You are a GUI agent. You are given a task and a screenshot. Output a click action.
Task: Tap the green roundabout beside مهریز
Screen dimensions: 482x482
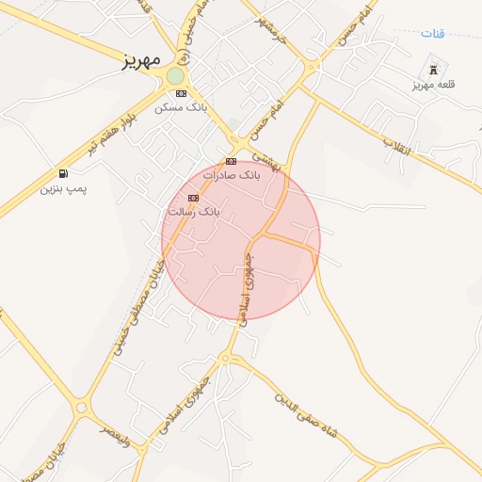pos(176,75)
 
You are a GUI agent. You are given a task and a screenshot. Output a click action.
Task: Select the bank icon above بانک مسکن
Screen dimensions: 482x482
pos(181,93)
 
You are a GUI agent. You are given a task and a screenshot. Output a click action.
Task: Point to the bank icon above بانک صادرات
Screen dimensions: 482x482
pos(231,161)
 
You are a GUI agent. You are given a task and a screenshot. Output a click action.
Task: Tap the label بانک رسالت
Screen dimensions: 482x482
pos(193,212)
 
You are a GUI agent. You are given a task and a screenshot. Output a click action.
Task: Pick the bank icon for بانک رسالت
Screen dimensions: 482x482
pos(193,198)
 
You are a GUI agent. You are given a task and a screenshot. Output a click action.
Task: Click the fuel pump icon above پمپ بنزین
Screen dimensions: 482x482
pos(63,173)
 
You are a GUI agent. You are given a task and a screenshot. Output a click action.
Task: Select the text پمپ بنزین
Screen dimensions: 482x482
pos(63,188)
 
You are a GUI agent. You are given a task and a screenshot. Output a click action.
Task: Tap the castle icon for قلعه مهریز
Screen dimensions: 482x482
pos(434,69)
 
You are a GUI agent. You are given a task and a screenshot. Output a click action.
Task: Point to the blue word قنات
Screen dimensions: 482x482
pos(432,34)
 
